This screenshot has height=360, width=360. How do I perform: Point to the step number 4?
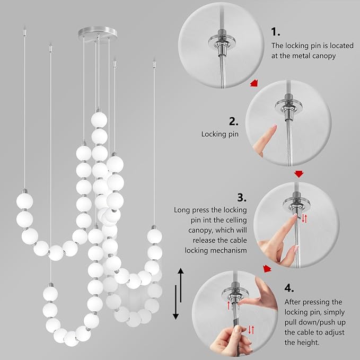pyautogui.click(x=289, y=288)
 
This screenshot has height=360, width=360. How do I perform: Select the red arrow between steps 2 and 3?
pyautogui.click(x=299, y=173)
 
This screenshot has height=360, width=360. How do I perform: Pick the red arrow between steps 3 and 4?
pyautogui.click(x=268, y=269)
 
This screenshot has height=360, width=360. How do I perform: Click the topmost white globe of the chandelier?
pyautogui.click(x=98, y=119)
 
